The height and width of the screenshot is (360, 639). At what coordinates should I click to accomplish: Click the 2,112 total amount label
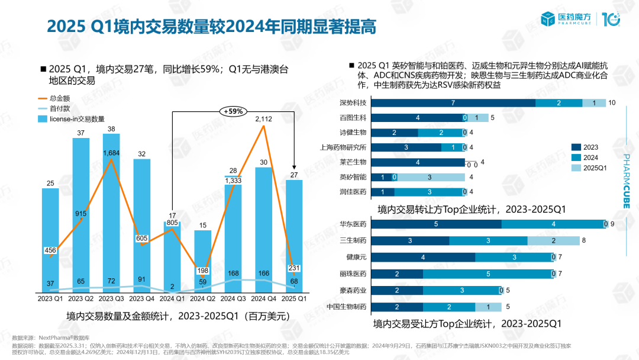[x=263, y=119]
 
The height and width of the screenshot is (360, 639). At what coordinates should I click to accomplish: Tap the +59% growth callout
[x=233, y=111]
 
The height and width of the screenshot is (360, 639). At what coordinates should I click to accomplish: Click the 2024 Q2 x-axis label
[x=202, y=298]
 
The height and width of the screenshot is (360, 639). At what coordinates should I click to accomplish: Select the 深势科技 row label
[x=354, y=103]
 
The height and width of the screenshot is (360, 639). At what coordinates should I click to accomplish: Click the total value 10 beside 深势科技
[x=612, y=103]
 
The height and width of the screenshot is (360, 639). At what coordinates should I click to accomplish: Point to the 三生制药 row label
[x=354, y=241]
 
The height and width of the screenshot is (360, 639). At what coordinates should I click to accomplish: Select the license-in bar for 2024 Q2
[x=202, y=261]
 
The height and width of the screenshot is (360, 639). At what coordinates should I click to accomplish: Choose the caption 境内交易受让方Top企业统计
[x=467, y=324]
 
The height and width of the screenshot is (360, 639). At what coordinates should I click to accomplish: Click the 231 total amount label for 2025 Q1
[x=294, y=268]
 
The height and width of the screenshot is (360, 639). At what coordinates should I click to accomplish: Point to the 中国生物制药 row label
[x=347, y=307]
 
